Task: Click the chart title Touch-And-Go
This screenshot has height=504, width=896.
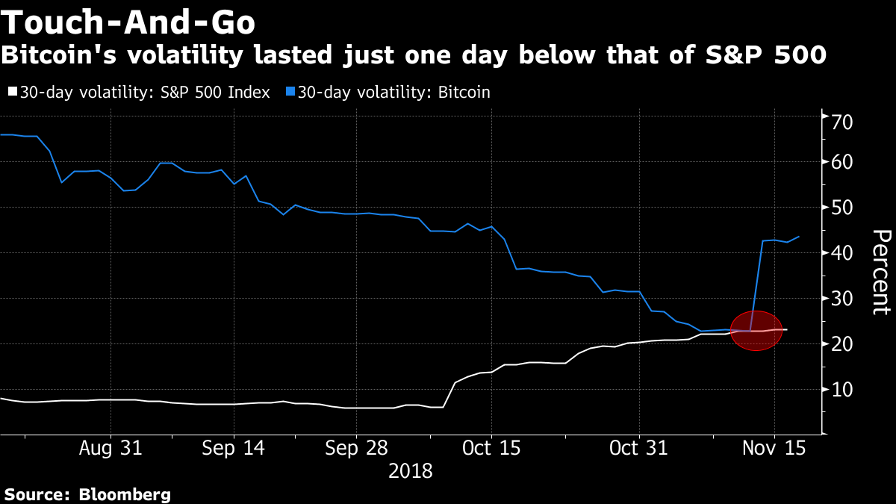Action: coord(128,24)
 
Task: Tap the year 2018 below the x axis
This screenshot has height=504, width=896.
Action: coord(411,472)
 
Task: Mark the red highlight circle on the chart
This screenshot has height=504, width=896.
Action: coord(756,331)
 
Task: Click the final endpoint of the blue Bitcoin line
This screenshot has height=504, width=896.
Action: coord(799,237)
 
